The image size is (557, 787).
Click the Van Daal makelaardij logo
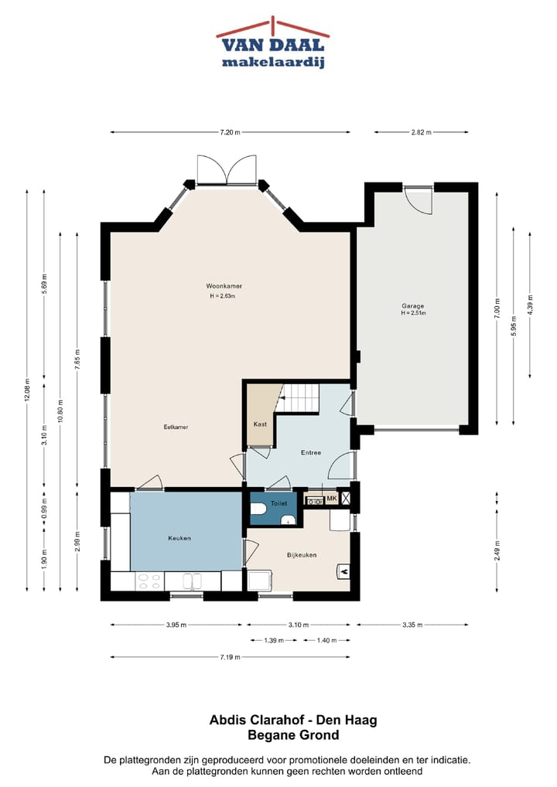coord(273,43)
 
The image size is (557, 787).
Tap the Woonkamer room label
coord(224,286)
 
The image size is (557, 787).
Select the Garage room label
coord(413,305)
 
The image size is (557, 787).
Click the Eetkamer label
coord(176,427)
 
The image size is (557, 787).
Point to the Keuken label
coord(179,538)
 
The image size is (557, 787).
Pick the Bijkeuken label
coord(302,555)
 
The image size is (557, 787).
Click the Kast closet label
coord(260,424)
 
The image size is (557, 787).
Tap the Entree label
coord(311,453)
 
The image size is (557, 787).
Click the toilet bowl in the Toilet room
coord(258,509)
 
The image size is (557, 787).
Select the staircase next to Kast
coord(299,397)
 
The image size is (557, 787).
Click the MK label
coord(331,499)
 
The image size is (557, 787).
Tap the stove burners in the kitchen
coord(149,581)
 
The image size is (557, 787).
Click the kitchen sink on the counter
coord(193,581)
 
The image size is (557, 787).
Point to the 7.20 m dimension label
coord(230,132)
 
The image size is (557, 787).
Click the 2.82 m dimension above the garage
coord(422,132)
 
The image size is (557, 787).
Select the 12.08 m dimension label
coord(27,390)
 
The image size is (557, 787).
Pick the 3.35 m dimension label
coord(412,625)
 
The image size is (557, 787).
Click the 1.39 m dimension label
coord(274,640)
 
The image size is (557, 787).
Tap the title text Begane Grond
coord(293,735)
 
